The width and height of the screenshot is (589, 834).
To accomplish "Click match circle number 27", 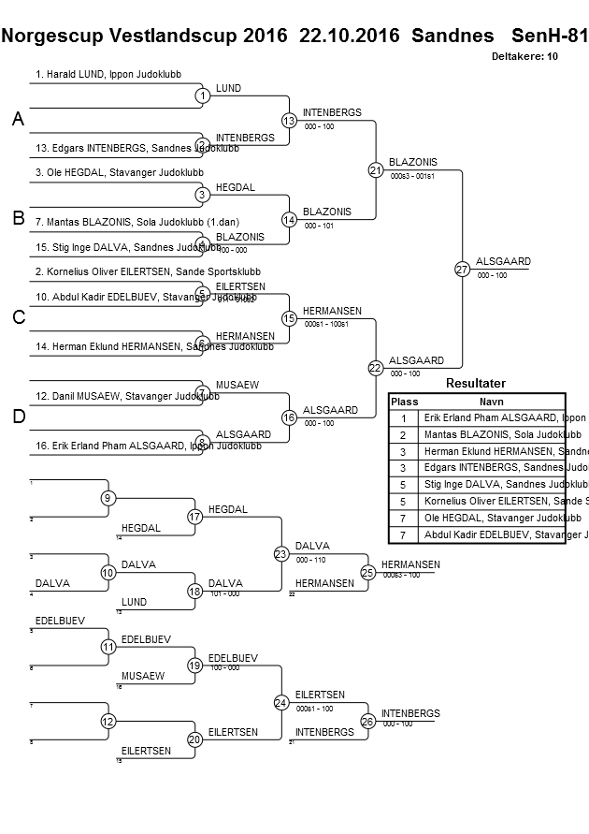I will click(462, 269).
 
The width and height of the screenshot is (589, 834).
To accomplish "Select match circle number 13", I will click(289, 120).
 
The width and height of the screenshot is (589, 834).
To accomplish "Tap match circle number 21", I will click(376, 169).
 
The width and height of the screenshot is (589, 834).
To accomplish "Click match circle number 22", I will click(376, 368).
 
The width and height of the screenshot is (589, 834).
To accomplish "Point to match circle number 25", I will click(368, 572).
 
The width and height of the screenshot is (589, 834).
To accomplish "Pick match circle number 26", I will click(368, 721).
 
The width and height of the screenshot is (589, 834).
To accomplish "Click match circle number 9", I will click(108, 498).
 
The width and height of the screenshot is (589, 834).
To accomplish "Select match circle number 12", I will click(108, 721).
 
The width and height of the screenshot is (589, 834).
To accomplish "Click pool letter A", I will click(18, 120).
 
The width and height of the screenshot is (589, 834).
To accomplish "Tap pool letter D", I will click(18, 417).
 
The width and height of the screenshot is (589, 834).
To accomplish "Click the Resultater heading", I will click(476, 383).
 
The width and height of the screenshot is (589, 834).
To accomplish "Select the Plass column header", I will click(404, 401).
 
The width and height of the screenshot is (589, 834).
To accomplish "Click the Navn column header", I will click(491, 401).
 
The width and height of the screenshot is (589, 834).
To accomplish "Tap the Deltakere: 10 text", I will click(524, 56).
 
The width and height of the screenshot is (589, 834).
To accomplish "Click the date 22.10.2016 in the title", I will click(349, 37).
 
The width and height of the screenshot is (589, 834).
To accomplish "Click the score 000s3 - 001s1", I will click(411, 176).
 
